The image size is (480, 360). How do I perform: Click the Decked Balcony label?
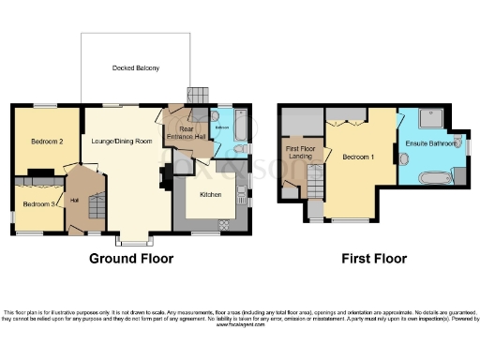[136, 68]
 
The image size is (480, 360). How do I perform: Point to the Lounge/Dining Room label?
[124, 141]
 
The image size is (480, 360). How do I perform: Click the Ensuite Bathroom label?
[432, 143]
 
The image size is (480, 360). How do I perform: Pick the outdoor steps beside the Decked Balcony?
[197, 97]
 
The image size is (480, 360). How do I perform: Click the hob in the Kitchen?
[223, 224]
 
